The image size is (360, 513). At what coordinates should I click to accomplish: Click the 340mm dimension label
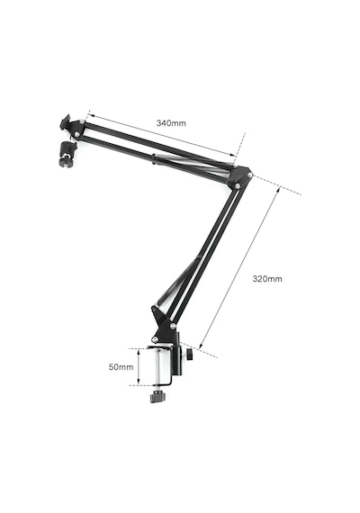pos(171,123)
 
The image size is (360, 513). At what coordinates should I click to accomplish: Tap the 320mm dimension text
pos(267,279)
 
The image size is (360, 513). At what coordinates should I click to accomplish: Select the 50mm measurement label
pos(121,367)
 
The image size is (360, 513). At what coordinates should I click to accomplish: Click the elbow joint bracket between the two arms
pos(241,177)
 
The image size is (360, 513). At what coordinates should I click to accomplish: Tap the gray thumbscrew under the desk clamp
pos(158,397)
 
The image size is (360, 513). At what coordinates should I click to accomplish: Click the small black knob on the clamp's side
pos(190,355)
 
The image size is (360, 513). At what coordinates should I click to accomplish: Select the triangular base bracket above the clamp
pos(164,323)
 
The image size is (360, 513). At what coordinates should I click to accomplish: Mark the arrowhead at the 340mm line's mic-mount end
pos(91,115)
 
